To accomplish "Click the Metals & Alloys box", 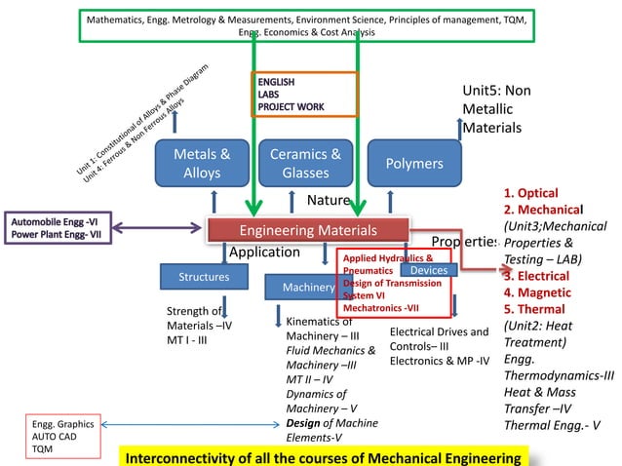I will [x=202, y=164].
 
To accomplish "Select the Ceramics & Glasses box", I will [x=305, y=164].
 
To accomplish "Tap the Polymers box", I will [x=414, y=164].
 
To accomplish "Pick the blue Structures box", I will [x=204, y=277].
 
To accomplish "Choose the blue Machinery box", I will [x=302, y=288].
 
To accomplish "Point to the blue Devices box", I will [x=429, y=269].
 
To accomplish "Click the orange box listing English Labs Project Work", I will [x=305, y=95].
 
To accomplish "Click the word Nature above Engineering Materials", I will [x=328, y=201].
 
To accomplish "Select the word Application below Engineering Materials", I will [x=263, y=252].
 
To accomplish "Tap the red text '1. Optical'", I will [x=531, y=193].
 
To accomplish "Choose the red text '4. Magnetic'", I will [x=537, y=292].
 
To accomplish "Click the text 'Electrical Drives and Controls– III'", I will [x=439, y=338].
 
